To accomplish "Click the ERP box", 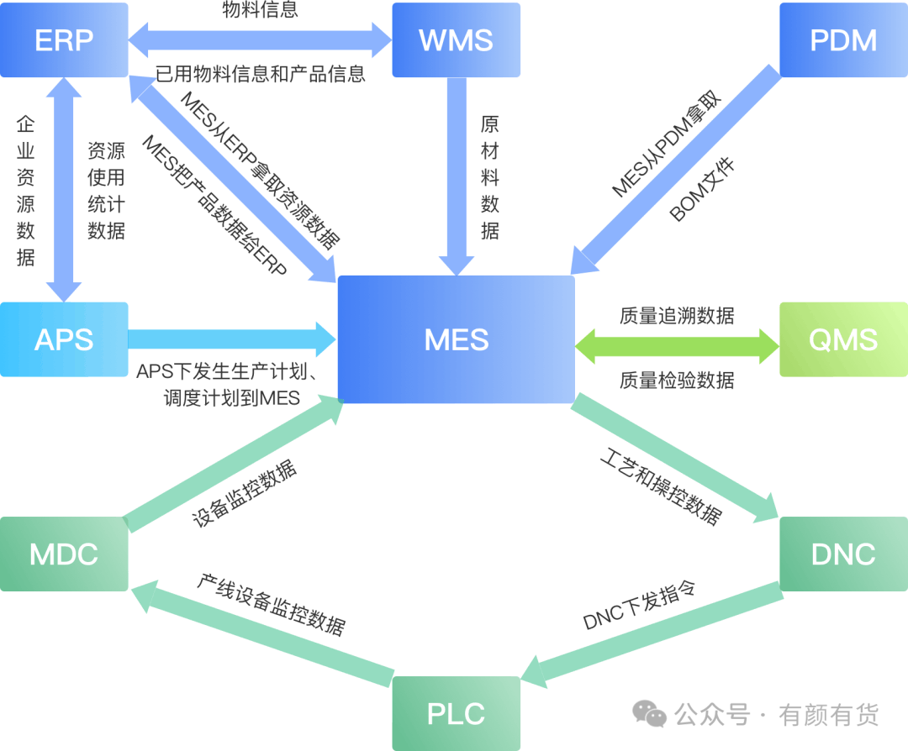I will [x=64, y=40].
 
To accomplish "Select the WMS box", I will [x=456, y=40].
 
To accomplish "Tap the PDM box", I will [x=843, y=40].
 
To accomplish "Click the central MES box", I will [x=457, y=339].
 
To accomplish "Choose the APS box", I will [x=64, y=339].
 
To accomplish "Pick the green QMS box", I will [x=843, y=339].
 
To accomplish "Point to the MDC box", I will [x=64, y=554].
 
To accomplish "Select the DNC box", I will [x=843, y=554].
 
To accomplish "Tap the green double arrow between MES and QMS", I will [x=677, y=346].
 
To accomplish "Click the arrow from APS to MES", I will [x=231, y=339].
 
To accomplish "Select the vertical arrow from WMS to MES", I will [x=457, y=176].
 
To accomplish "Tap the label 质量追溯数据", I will [x=677, y=316].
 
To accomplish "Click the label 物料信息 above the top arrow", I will [x=260, y=10].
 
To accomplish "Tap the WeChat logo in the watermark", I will [x=650, y=714].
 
